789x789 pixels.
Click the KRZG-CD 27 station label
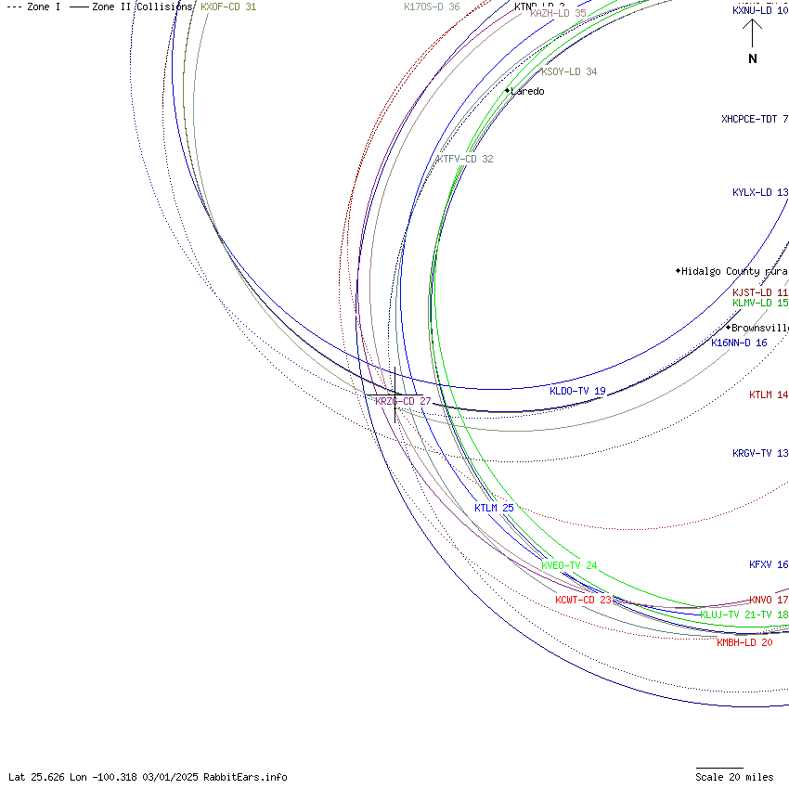click(403, 401)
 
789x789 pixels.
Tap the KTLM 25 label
click(494, 508)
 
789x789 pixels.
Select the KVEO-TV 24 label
click(569, 565)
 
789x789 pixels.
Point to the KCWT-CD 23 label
click(583, 600)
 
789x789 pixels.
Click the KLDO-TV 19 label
click(577, 391)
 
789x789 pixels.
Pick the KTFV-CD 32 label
click(465, 159)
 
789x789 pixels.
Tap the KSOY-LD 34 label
click(569, 71)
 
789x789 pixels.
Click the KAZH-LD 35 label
click(558, 13)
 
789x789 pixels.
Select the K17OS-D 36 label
click(432, 6)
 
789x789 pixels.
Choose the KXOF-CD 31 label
click(228, 6)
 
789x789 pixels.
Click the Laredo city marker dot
click(507, 90)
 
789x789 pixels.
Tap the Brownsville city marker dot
click(728, 327)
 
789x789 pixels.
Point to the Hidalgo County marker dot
click(678, 271)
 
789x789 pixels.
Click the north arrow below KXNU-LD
click(752, 33)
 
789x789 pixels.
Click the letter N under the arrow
click(752, 58)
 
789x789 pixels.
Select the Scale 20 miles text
click(734, 777)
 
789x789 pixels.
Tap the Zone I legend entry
click(34, 6)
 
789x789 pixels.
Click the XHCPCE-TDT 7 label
click(754, 119)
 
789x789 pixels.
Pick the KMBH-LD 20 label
click(744, 642)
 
